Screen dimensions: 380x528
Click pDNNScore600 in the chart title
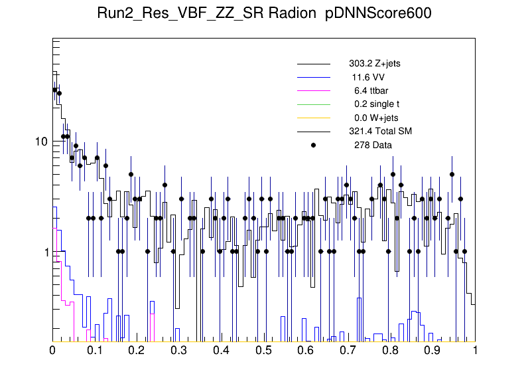point(379,15)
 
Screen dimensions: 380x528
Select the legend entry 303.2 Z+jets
point(374,64)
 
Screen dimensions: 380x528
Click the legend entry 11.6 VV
point(368,77)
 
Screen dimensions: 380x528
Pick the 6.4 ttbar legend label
point(371,90)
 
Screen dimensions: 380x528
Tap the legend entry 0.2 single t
point(377,104)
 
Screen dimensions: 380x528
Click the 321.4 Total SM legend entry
point(380,131)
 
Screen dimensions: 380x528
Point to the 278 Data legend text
point(373,145)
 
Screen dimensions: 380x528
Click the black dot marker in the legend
point(314,145)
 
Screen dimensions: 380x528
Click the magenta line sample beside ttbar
point(314,91)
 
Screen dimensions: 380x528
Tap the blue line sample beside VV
point(314,78)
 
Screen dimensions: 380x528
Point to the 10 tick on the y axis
point(40,142)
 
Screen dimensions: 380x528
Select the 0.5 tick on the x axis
point(264,350)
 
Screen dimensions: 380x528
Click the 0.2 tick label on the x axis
point(137,350)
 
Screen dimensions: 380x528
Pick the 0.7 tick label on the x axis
point(348,350)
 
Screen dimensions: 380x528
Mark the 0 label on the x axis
point(53,350)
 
